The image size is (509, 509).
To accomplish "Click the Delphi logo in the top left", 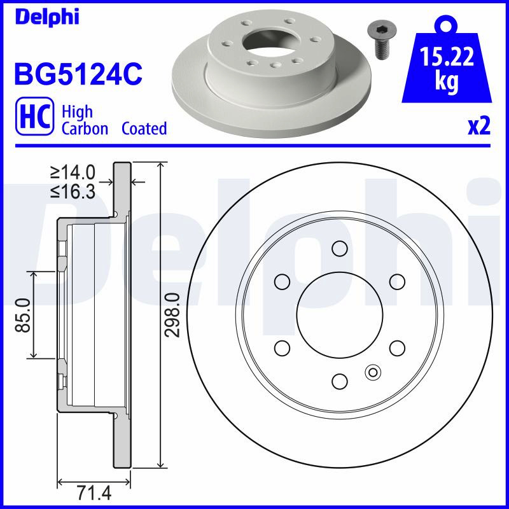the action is tap(47, 17).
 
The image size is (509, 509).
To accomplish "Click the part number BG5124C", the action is tap(78, 74).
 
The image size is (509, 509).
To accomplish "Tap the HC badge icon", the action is tap(34, 116).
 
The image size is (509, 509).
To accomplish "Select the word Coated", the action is tap(144, 129).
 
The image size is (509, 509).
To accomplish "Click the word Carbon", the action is tap(85, 129).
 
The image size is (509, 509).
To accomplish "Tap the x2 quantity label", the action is tap(479, 126).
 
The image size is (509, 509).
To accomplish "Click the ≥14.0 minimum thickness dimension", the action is tap(73, 172).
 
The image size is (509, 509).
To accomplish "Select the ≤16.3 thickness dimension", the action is tap(73, 192).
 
